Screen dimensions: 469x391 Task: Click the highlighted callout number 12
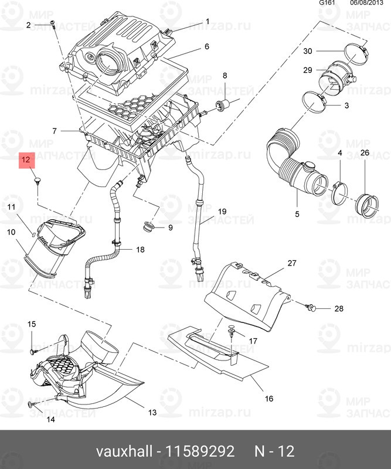click(26, 159)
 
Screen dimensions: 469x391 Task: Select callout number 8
click(223, 76)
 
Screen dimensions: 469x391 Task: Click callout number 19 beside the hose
click(222, 211)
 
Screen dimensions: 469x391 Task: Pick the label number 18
click(140, 250)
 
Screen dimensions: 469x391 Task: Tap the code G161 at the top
click(327, 3)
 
